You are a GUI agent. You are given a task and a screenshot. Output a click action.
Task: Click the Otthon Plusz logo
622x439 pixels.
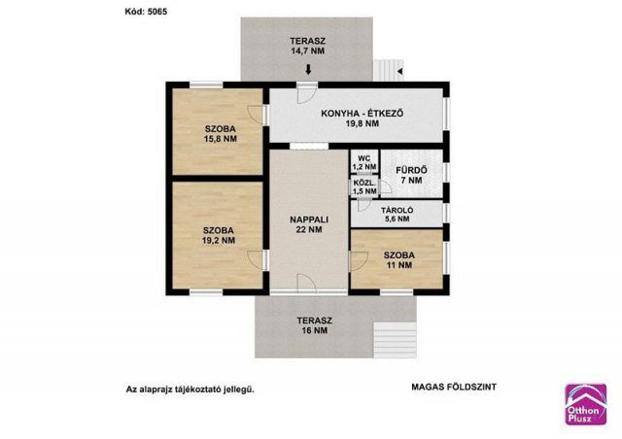click(x=586, y=404)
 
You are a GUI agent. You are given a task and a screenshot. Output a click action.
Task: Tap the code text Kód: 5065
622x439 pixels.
click(x=146, y=12)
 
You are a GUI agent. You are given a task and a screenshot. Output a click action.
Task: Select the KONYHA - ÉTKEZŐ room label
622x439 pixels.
click(x=363, y=118)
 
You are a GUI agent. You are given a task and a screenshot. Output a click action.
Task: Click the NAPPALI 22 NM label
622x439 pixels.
click(x=309, y=224)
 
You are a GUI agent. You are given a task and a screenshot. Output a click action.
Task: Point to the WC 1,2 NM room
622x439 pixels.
click(x=364, y=162)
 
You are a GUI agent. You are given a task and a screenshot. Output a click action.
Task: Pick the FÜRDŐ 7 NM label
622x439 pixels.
click(x=411, y=175)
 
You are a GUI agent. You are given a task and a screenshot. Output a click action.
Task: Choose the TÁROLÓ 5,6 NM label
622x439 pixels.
click(x=397, y=215)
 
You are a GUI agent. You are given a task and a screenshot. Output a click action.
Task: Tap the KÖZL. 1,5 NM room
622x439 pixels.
click(x=364, y=187)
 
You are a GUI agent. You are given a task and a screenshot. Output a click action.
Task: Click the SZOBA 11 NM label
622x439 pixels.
click(x=399, y=260)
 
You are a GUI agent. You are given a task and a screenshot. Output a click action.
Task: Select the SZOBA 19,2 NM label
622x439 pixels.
click(x=219, y=235)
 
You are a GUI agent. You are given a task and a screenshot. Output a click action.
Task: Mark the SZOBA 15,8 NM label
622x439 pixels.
click(x=221, y=134)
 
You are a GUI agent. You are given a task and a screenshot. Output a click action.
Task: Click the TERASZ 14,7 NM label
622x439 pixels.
click(x=308, y=46)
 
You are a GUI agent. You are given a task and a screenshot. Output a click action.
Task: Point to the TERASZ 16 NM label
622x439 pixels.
click(x=315, y=325)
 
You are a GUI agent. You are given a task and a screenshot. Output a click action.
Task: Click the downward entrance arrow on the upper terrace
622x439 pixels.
click(x=308, y=70)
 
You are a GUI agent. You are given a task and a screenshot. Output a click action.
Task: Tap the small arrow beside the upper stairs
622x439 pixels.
click(x=399, y=71)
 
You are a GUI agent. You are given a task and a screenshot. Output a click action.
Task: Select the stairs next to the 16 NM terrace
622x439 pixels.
click(x=396, y=340)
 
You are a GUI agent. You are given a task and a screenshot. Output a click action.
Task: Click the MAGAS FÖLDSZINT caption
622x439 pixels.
click(x=454, y=388)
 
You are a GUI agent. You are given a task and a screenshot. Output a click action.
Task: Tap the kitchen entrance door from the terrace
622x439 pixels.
click(x=307, y=93)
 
